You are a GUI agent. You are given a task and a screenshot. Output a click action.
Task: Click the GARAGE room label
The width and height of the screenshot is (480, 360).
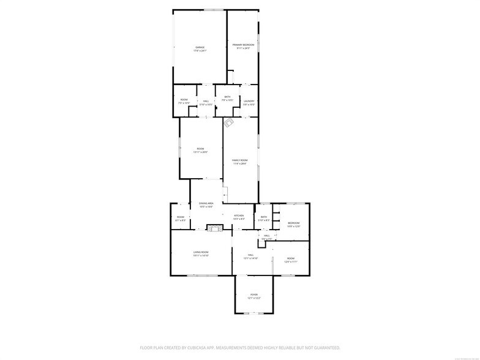point(200,47)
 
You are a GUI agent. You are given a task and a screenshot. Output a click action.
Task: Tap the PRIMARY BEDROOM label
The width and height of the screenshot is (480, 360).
point(243,45)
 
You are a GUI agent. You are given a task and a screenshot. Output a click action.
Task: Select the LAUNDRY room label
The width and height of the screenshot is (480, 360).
point(249,101)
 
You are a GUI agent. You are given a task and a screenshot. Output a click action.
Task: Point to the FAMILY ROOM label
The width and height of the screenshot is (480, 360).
point(239,160)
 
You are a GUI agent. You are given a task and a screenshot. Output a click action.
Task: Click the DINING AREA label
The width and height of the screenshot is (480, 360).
point(206,203)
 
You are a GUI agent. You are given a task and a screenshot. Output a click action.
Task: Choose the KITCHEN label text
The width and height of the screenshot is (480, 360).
point(239,216)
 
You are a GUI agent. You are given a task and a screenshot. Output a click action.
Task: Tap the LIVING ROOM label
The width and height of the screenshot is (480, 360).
point(201,252)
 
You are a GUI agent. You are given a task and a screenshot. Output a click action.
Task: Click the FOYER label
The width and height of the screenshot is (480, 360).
point(253,295)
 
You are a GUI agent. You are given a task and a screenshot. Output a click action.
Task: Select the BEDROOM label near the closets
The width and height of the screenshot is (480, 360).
point(294,223)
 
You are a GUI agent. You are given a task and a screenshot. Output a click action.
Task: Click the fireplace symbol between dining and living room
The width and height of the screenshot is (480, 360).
point(214,228)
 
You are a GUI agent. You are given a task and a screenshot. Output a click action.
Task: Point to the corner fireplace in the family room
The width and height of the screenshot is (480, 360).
point(229,123)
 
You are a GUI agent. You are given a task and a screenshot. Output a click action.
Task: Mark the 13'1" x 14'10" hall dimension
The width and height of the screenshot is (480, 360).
point(250,258)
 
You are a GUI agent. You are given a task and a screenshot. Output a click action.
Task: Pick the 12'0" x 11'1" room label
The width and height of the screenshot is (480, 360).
point(291,261)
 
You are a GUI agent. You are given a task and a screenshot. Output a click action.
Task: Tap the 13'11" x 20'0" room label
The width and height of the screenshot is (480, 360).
point(200,152)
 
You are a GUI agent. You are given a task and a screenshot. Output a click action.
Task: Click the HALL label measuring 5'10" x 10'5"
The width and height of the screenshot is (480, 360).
point(206,103)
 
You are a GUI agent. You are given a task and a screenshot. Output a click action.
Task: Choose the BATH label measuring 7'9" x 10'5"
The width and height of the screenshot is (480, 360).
point(227,98)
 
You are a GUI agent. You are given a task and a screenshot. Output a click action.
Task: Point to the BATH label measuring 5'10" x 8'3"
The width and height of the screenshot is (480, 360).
point(264,218)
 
